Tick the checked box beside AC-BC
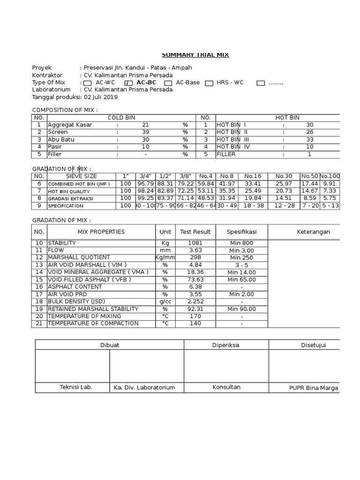pos(128,83)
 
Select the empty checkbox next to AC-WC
pos(87,83)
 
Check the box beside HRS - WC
pos(209,83)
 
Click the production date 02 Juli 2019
pos(101,97)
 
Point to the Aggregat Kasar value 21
pos(145,125)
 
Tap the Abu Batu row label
pos(61,140)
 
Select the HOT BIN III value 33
pos(309,140)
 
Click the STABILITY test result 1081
pos(195,243)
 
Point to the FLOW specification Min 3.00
pos(241,251)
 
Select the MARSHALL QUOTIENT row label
pos(79,258)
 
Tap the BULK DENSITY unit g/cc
pos(165,301)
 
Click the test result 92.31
pos(195,309)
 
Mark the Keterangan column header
pos(313,232)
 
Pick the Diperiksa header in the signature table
pos(226,345)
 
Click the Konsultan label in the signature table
pos(226,387)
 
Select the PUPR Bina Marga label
pos(313,388)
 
